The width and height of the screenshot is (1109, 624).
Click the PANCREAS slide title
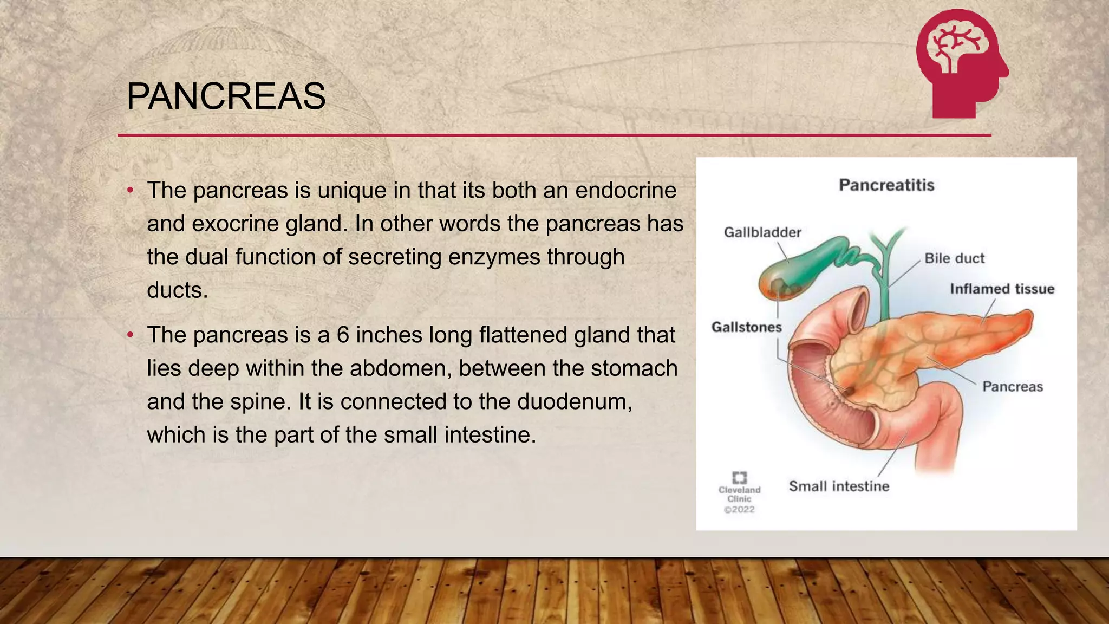point(226,97)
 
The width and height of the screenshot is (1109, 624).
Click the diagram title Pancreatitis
point(886,185)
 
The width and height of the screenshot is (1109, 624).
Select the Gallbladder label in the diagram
point(762,232)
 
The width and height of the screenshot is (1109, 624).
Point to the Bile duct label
point(954,258)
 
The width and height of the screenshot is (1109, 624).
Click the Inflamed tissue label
point(1002,289)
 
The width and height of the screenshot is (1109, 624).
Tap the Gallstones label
point(746,327)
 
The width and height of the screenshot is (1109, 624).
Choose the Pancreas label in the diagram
point(1013,387)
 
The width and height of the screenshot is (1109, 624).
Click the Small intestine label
point(839,486)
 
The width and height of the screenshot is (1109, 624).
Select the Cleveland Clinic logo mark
point(739,477)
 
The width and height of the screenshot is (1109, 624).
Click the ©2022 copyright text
point(739,510)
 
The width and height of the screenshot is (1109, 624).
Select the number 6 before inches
point(343,335)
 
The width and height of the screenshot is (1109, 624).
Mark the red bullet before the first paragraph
point(130,191)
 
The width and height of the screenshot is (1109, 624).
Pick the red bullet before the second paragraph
point(130,335)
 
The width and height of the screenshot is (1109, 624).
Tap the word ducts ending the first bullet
point(177,290)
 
